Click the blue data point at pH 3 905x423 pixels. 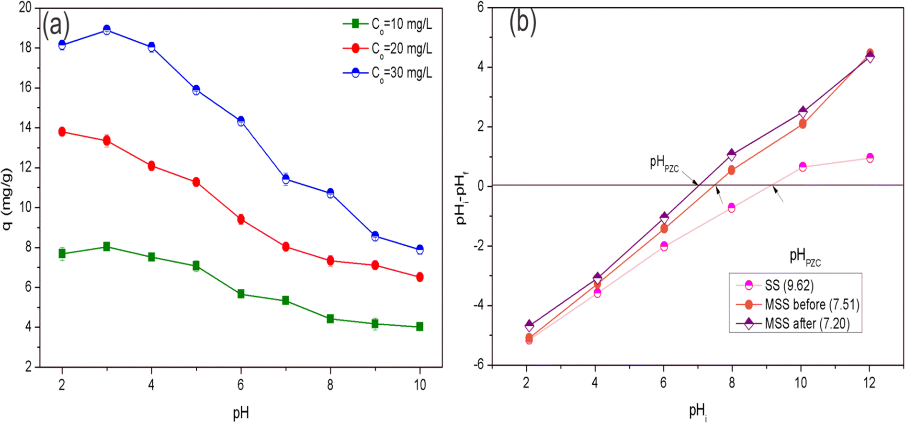[x=107, y=30]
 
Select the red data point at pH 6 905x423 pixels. [x=241, y=219]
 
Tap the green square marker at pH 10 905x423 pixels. [x=419, y=327]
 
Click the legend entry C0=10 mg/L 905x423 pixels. [x=388, y=24]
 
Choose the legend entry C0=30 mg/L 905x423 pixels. [x=388, y=73]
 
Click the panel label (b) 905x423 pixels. [x=522, y=22]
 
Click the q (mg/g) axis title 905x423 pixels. [x=7, y=199]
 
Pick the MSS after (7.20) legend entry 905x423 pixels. [x=797, y=324]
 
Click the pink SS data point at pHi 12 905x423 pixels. [x=870, y=158]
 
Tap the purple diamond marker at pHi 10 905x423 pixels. [x=802, y=112]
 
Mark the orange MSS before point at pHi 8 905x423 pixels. [x=731, y=170]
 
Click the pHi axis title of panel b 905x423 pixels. [x=698, y=411]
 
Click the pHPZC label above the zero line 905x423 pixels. [x=664, y=163]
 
